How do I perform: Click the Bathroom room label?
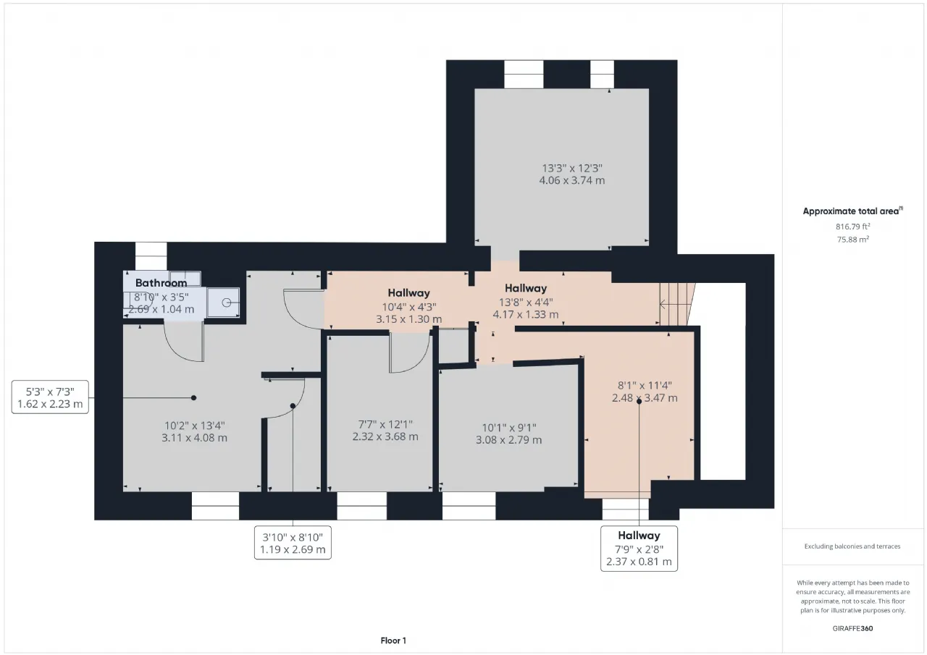pyautogui.click(x=161, y=283)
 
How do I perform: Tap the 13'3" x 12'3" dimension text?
pyautogui.click(x=572, y=169)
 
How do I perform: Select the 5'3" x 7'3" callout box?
pyautogui.click(x=50, y=397)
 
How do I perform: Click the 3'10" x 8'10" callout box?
pyautogui.click(x=293, y=543)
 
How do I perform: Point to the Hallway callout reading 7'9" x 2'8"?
pyautogui.click(x=639, y=549)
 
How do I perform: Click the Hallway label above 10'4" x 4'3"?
pyautogui.click(x=409, y=293)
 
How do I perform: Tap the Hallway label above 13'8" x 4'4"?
pyautogui.click(x=526, y=288)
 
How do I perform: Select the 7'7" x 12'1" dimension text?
pyautogui.click(x=385, y=424)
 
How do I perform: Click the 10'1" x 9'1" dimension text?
pyautogui.click(x=508, y=428)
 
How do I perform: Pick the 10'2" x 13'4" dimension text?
pyautogui.click(x=195, y=426)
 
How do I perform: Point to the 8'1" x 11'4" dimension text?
pyautogui.click(x=645, y=385)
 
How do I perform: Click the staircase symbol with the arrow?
pyautogui.click(x=677, y=305)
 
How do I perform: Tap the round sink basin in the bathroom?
pyautogui.click(x=227, y=303)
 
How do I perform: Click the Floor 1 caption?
pyautogui.click(x=393, y=641)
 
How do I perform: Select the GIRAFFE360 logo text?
pyautogui.click(x=852, y=628)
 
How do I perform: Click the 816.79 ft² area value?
pyautogui.click(x=852, y=227)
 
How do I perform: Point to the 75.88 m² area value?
pyautogui.click(x=852, y=239)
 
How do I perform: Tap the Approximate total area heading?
pyautogui.click(x=852, y=211)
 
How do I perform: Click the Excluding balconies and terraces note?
pyautogui.click(x=852, y=546)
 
